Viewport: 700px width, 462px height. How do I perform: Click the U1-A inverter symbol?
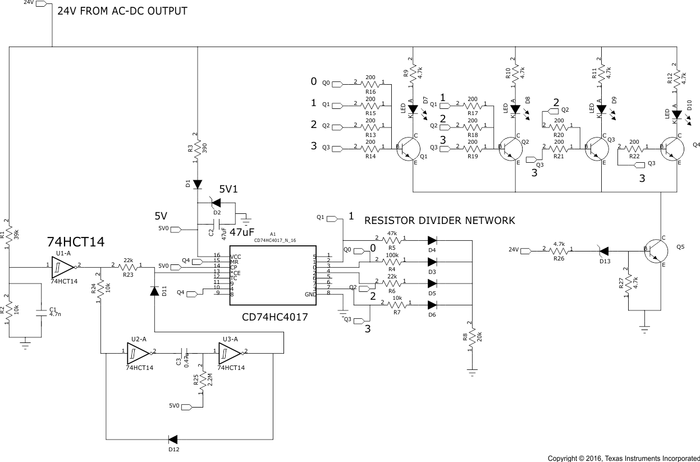tap(62, 267)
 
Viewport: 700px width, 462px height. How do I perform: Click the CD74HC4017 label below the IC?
tap(275, 317)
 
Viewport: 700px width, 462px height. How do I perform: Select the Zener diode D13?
tap(604, 250)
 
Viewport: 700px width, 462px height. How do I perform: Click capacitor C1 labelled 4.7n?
tap(40, 311)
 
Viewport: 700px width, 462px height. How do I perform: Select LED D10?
tap(677, 115)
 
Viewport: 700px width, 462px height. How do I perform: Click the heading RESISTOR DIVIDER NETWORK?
tap(440, 221)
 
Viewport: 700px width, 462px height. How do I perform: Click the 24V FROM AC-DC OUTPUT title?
tap(122, 11)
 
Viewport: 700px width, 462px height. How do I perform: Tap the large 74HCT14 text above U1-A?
tap(75, 243)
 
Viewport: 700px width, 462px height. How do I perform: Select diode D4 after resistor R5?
tap(432, 240)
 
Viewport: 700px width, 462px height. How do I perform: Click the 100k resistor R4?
tap(392, 262)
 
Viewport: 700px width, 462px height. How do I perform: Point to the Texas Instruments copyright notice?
tap(623, 458)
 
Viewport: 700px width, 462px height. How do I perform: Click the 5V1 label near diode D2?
tap(228, 190)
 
